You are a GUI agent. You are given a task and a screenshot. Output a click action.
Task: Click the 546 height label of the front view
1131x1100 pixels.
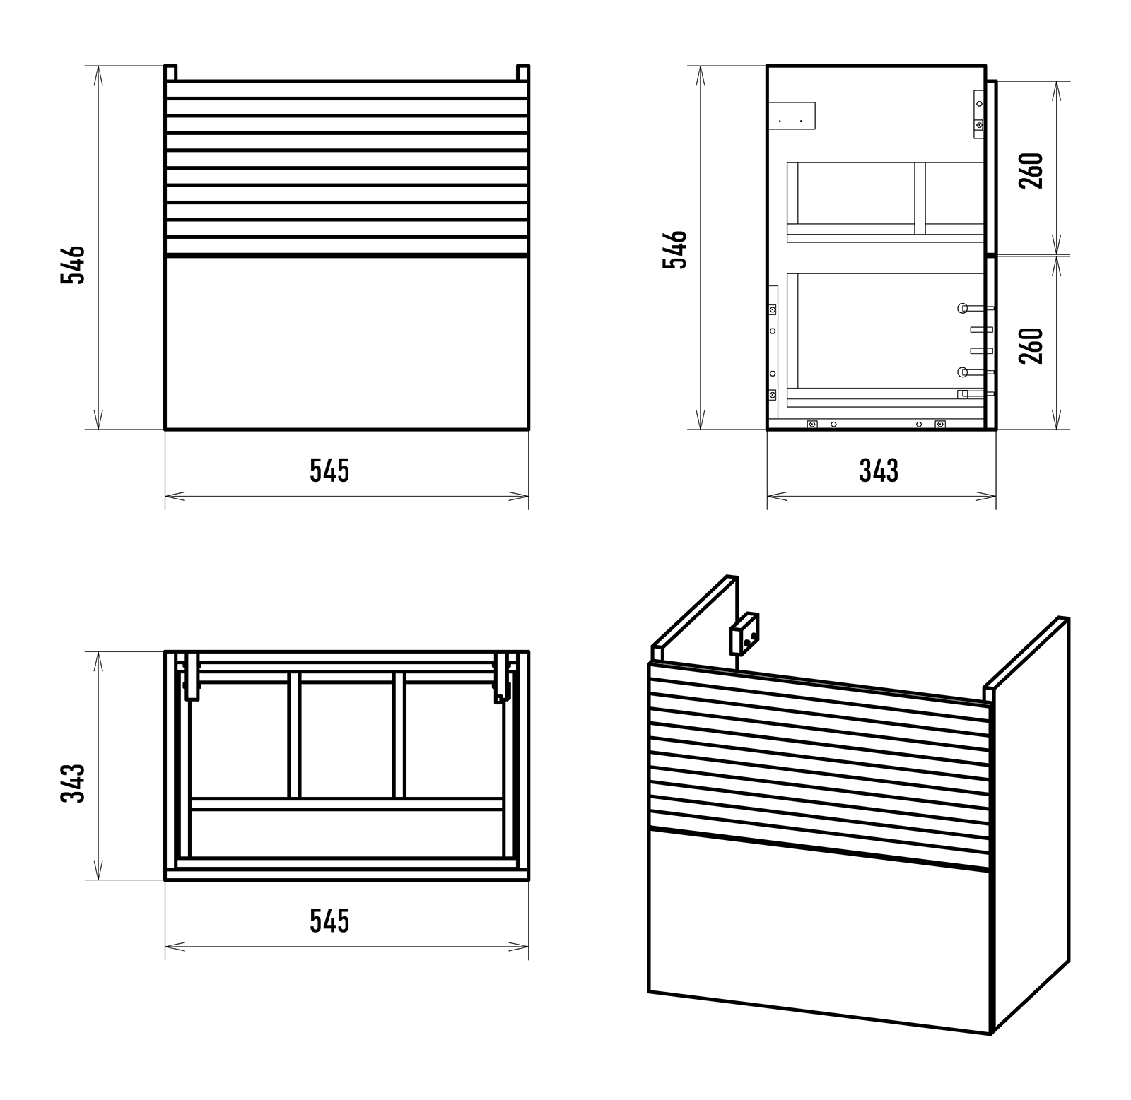pyautogui.click(x=73, y=264)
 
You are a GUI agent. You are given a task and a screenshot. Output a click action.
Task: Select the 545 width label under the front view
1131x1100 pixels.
pyautogui.click(x=329, y=471)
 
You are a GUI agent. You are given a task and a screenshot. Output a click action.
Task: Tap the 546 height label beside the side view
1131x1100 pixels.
pyautogui.click(x=674, y=249)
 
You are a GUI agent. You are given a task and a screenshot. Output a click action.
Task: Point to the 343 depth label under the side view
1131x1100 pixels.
pyautogui.click(x=879, y=471)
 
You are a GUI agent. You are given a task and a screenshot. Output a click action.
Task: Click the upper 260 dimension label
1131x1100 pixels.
pyautogui.click(x=1031, y=170)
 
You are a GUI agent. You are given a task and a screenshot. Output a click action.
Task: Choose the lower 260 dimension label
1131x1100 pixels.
pyautogui.click(x=1031, y=345)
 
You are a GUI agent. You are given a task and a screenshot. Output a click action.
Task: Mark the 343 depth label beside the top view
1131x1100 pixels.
pyautogui.click(x=73, y=782)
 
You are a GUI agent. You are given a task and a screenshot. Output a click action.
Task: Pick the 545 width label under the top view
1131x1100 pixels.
pyautogui.click(x=329, y=921)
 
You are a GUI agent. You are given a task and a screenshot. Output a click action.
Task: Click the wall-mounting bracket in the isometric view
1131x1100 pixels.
pyautogui.click(x=744, y=634)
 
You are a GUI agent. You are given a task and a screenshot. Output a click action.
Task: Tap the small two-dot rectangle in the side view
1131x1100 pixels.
pyautogui.click(x=792, y=116)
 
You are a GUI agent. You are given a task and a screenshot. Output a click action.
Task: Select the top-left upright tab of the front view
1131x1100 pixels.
pyautogui.click(x=170, y=73)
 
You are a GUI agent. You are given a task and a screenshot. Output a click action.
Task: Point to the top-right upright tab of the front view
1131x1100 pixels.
pyautogui.click(x=522, y=73)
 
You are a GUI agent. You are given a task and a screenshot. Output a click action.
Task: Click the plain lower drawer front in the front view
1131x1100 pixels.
pyautogui.click(x=346, y=343)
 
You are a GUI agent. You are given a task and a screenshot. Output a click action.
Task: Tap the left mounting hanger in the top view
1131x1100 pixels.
pyautogui.click(x=191, y=678)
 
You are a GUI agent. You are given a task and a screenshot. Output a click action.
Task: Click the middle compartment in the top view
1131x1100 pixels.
pyautogui.click(x=346, y=735)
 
